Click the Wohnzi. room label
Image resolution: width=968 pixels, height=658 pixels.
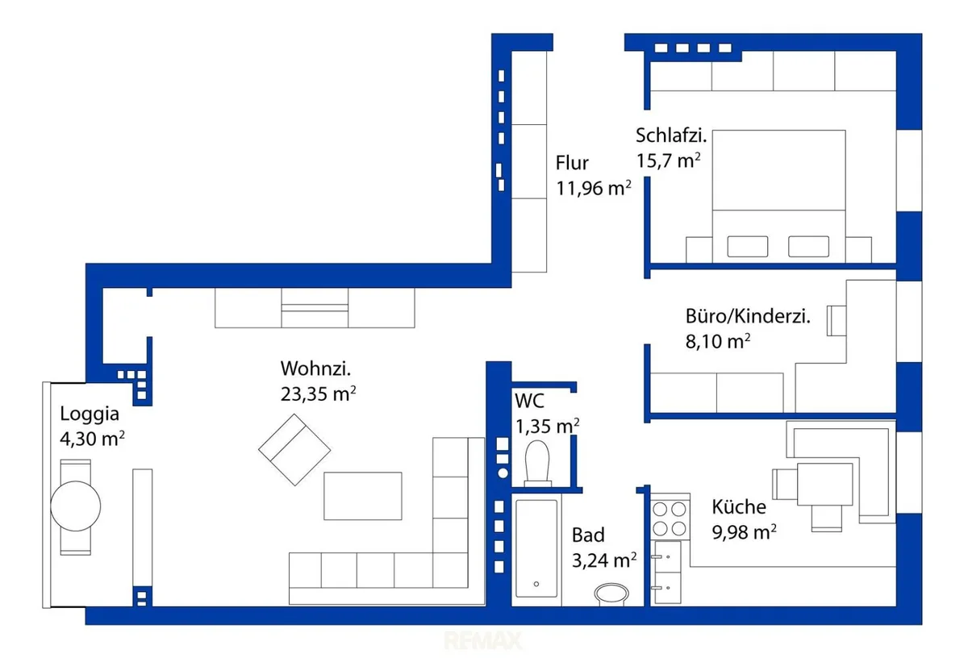tap(315, 369)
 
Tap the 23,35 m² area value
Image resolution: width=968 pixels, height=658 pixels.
tap(318, 394)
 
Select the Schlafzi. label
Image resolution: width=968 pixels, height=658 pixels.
tap(671, 135)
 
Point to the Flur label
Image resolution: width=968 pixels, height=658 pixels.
tap(572, 163)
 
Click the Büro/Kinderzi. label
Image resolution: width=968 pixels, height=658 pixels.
tap(748, 317)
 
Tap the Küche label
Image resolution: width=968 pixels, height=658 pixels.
tap(739, 506)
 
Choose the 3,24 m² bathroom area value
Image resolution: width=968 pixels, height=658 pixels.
tap(604, 560)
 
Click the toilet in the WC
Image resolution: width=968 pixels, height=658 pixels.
tap(537, 464)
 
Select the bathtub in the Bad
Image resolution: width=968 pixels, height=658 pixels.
tap(536, 548)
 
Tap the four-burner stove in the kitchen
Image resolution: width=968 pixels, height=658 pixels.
tap(670, 517)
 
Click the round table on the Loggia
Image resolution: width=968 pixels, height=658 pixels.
tap(76, 506)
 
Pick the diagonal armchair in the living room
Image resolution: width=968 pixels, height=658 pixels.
tap(294, 450)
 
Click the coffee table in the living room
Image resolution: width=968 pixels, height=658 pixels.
tap(363, 496)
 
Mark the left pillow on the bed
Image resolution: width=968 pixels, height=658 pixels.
tap(748, 246)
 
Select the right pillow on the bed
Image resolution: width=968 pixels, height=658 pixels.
tap(808, 246)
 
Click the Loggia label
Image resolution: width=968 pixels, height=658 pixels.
tap(90, 414)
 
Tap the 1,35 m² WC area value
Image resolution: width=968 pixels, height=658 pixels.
tap(547, 427)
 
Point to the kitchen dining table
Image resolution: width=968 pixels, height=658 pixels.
tap(825, 485)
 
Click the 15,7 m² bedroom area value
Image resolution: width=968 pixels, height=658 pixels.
tap(668, 160)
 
